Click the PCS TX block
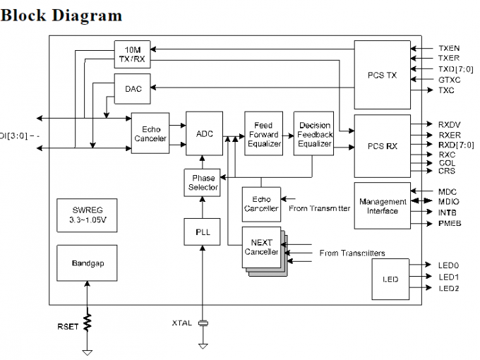pyautogui.click(x=382, y=75)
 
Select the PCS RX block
pyautogui.click(x=382, y=146)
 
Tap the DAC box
pyautogui.click(x=133, y=89)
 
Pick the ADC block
pyautogui.click(x=205, y=133)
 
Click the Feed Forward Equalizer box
pyautogui.click(x=263, y=134)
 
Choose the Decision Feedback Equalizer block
pyautogui.click(x=314, y=134)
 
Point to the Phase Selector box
pyautogui.click(x=203, y=183)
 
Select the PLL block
pyautogui.click(x=203, y=231)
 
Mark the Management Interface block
pyautogui.click(x=382, y=206)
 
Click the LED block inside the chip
pyautogui.click(x=390, y=279)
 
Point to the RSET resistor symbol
pyautogui.click(x=88, y=323)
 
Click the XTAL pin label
pyautogui.click(x=181, y=323)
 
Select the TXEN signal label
pyautogui.click(x=449, y=48)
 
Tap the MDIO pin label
pyautogui.click(x=448, y=201)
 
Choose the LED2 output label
pyautogui.click(x=449, y=288)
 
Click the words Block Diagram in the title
pyautogui.click(x=61, y=15)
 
